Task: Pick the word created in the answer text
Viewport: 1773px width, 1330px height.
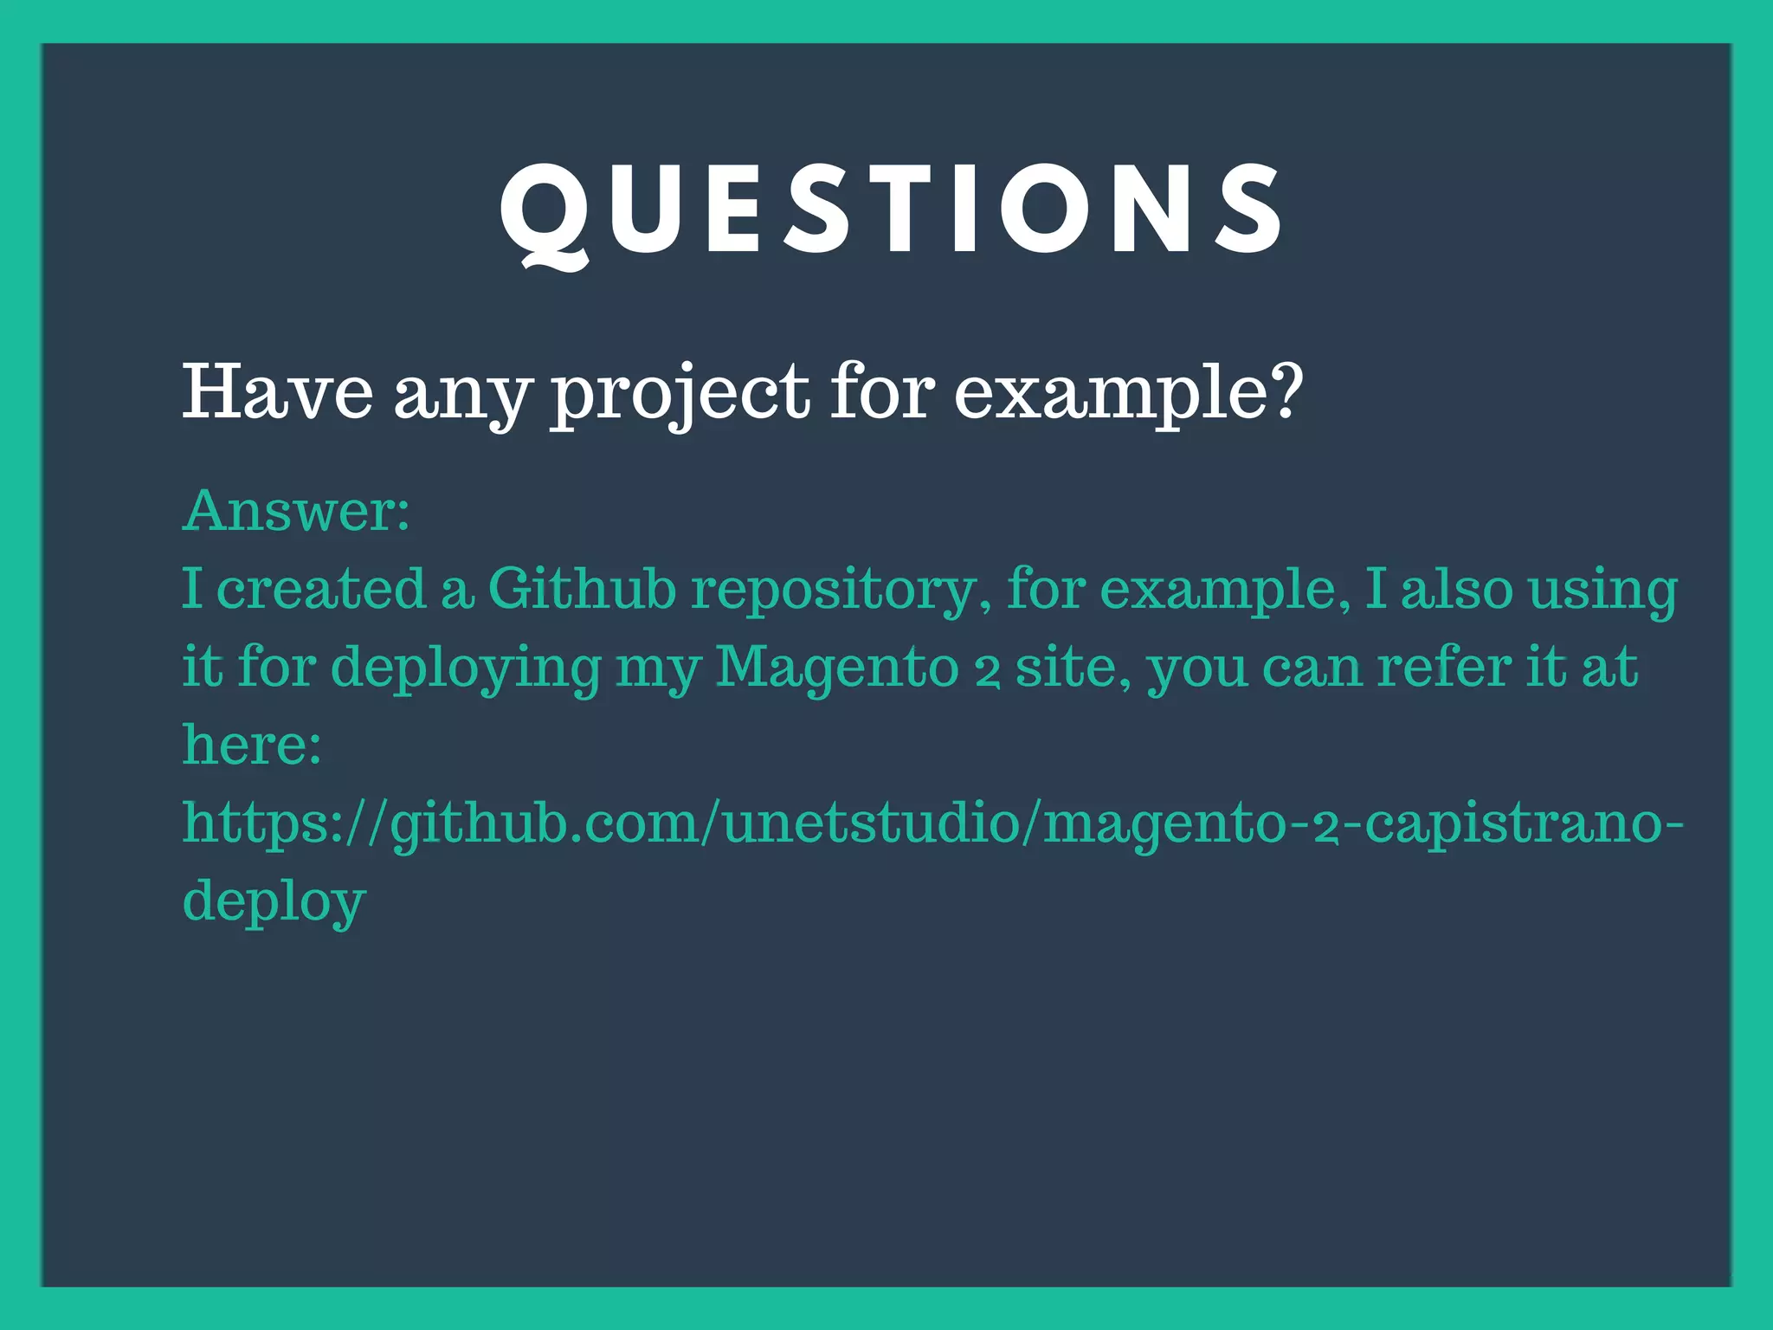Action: coord(321,589)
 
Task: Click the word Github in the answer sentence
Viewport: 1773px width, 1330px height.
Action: coord(581,589)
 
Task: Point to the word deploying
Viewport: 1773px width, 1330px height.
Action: coord(466,668)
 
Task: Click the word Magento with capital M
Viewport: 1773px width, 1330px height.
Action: coord(837,668)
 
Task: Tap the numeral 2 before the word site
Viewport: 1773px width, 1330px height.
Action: coord(987,672)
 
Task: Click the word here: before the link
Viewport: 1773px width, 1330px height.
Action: coord(252,745)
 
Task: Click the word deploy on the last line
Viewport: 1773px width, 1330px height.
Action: coord(274,902)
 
